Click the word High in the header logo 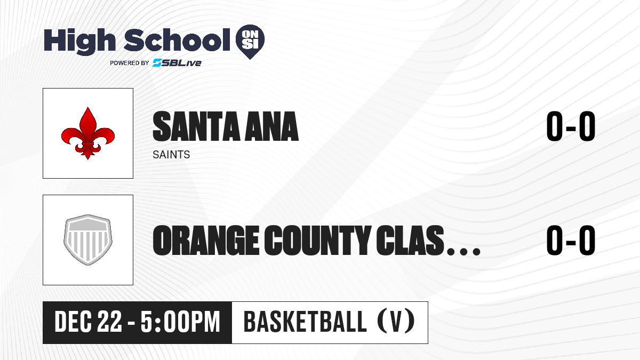click(79, 42)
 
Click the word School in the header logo click(177, 40)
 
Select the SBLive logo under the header click(177, 62)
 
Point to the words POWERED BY click(130, 63)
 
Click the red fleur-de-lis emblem click(88, 133)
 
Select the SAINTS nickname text click(171, 155)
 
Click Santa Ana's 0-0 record click(571, 126)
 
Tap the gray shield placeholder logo click(88, 240)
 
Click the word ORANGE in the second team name click(206, 240)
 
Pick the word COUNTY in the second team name click(318, 240)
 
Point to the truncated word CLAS click(410, 240)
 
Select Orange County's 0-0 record click(571, 240)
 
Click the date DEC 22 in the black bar click(88, 322)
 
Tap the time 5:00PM click(180, 322)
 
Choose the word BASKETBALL click(305, 322)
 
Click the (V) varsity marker click(396, 322)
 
